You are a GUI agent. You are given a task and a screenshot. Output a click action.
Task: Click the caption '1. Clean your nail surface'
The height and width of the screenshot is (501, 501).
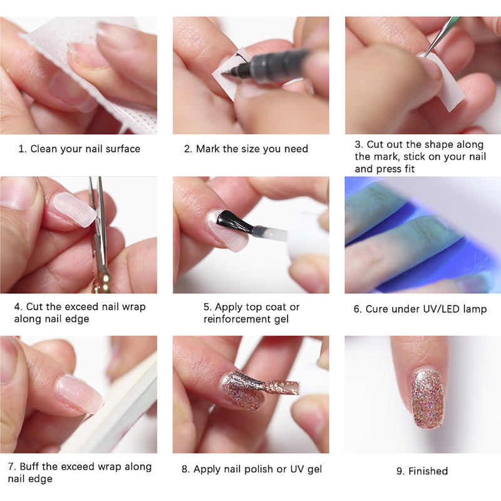[79, 149]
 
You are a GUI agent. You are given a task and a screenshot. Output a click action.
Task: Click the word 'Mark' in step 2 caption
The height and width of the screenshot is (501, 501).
[209, 149]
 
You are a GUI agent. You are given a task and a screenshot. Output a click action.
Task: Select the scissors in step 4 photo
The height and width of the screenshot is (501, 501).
[99, 238]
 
